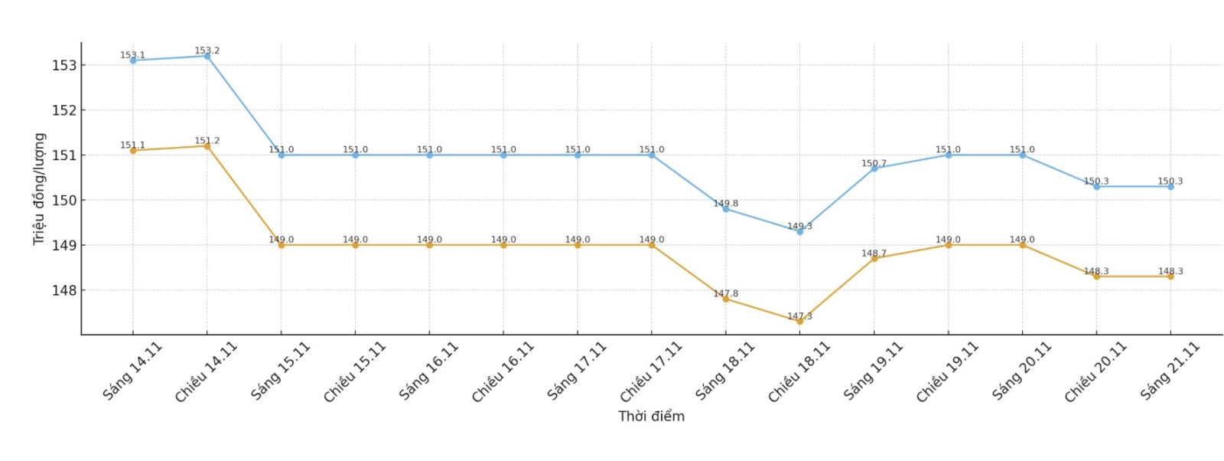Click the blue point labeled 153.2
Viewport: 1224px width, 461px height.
[x=207, y=56]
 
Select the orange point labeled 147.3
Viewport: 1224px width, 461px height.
[x=799, y=322]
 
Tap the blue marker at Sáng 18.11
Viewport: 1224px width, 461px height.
[x=725, y=209]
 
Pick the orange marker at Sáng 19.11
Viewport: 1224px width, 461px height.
[x=874, y=259]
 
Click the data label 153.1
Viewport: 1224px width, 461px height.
[x=132, y=55]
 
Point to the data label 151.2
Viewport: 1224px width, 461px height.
[x=207, y=141]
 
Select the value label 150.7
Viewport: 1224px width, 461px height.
[x=874, y=163]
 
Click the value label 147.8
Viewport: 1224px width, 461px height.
[x=725, y=293]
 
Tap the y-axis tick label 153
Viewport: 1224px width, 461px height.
[x=64, y=66]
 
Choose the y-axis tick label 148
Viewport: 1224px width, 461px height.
[x=64, y=291]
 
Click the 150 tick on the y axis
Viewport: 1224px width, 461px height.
[x=64, y=201]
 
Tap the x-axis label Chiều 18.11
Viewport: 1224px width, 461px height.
[x=799, y=372]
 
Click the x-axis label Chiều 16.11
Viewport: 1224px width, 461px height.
[x=503, y=372]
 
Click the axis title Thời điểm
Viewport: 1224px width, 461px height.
[x=651, y=417]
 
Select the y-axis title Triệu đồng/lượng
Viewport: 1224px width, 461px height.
[x=39, y=189]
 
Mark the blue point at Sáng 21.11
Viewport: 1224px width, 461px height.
[x=1170, y=187]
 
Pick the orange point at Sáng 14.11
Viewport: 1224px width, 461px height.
[x=133, y=151]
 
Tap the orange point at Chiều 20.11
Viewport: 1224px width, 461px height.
[x=1096, y=276]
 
